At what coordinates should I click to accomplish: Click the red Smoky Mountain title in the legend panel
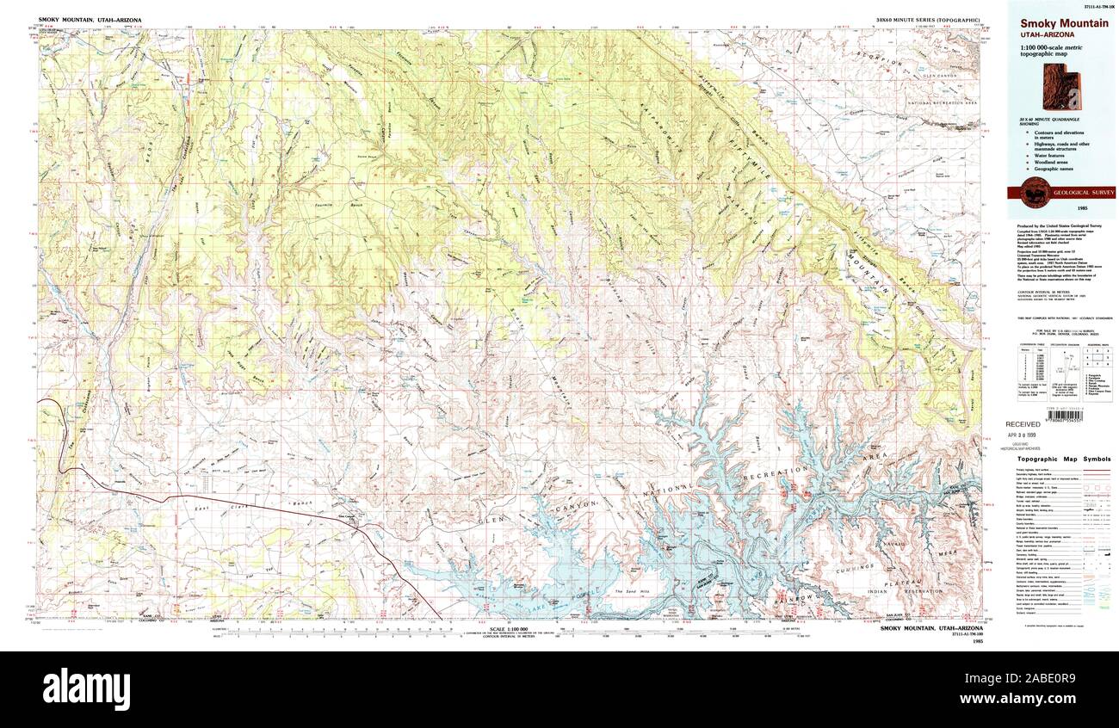[x=1064, y=23]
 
